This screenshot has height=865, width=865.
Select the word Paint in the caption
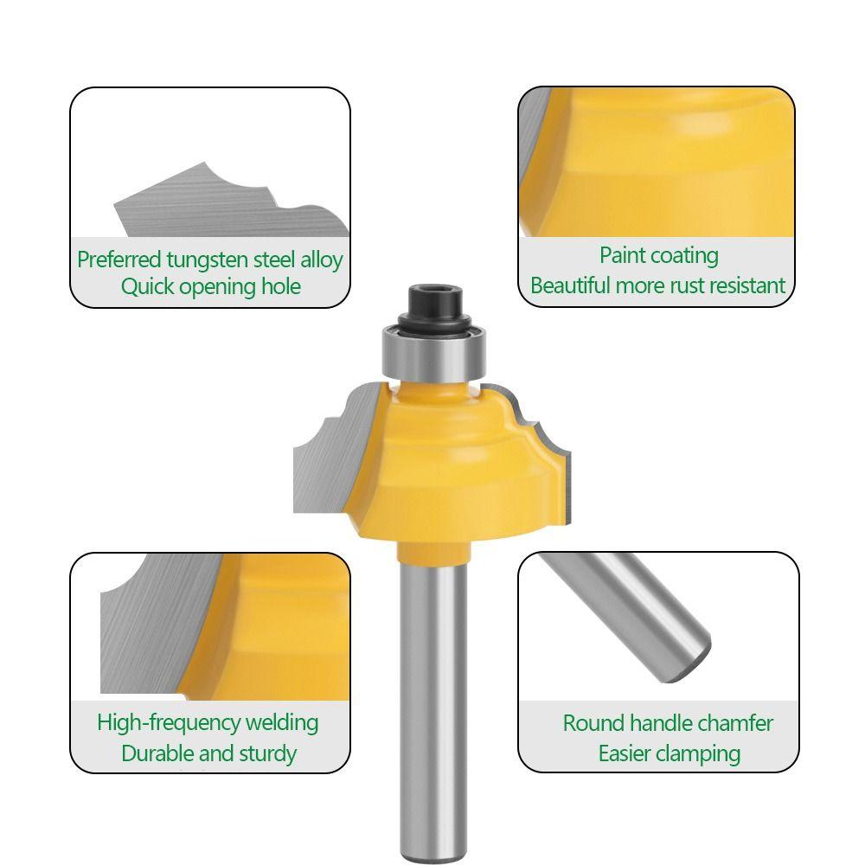click(623, 255)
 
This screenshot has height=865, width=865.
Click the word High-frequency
click(169, 722)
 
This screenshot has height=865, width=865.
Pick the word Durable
click(157, 753)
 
